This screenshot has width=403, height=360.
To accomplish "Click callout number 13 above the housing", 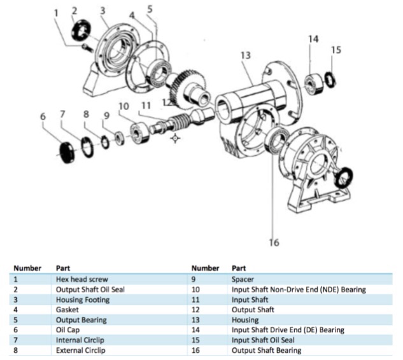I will [x=246, y=55].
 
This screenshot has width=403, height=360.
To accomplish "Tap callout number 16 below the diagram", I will [x=274, y=242].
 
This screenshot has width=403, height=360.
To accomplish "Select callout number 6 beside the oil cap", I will [x=43, y=116].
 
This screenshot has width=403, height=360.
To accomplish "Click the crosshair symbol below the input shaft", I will [x=175, y=137].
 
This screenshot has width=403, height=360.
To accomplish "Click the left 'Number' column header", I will [x=27, y=268].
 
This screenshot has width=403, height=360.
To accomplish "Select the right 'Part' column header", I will [x=239, y=268].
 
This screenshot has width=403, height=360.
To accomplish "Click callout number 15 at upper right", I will [x=336, y=50].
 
